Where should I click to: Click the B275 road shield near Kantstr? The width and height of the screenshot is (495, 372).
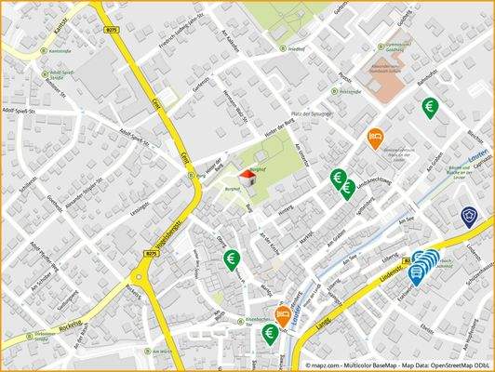click(x=112, y=30)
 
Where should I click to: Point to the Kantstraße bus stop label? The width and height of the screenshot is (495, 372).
click(x=60, y=51)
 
